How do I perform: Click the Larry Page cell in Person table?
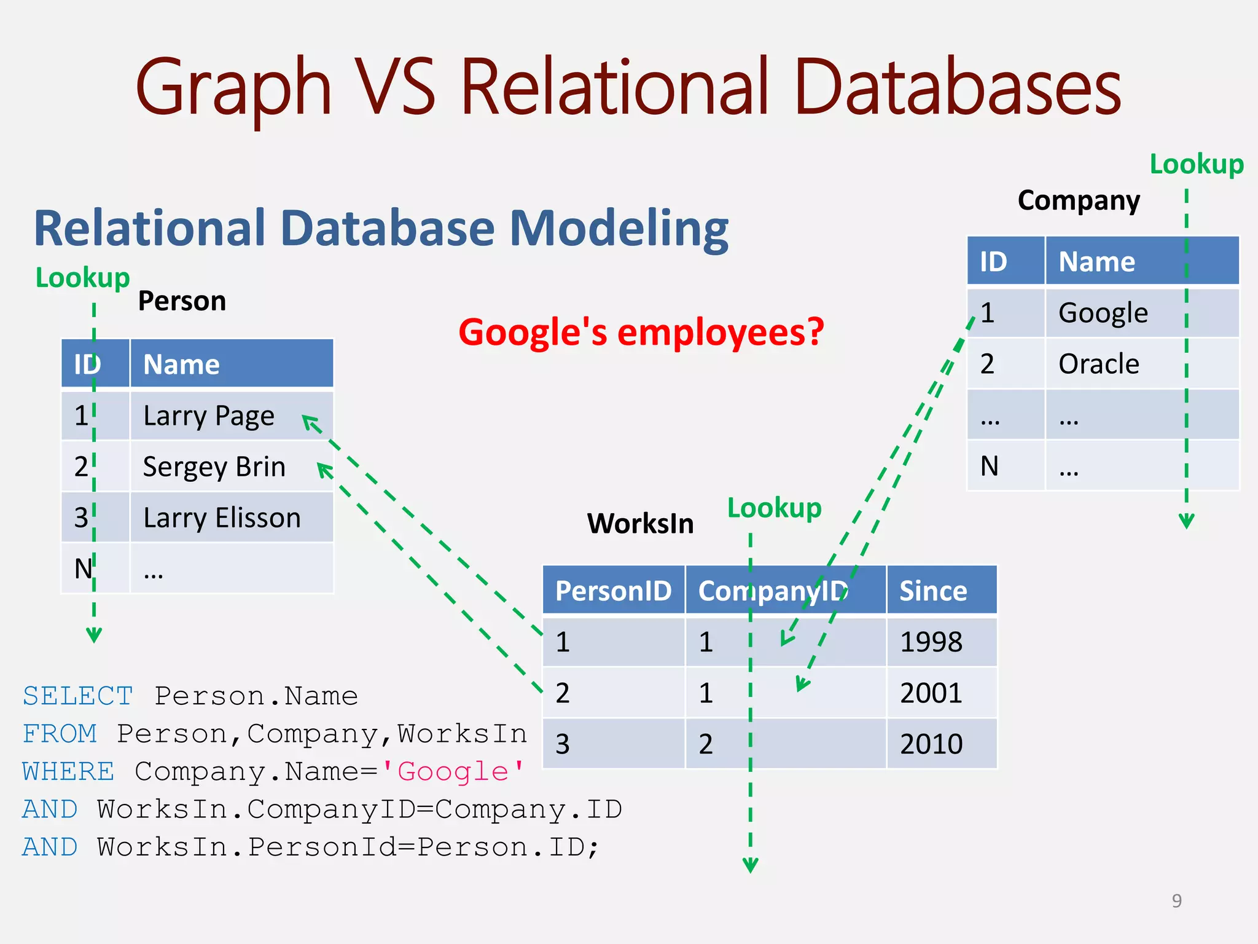(x=209, y=416)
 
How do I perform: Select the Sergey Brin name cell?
(x=214, y=467)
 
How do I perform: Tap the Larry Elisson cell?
(x=221, y=518)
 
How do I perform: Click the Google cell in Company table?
(x=1103, y=313)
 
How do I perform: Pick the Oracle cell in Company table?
(x=1099, y=364)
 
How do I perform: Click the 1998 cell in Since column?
(x=931, y=642)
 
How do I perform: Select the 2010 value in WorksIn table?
(x=931, y=744)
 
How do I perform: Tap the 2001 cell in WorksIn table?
(x=931, y=693)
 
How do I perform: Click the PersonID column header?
(x=613, y=591)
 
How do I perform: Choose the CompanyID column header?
(x=773, y=591)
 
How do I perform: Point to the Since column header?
(x=933, y=591)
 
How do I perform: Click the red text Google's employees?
(x=641, y=332)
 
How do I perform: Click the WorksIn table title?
(x=640, y=524)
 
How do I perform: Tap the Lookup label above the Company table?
(x=1196, y=165)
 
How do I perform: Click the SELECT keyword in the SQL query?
(x=78, y=696)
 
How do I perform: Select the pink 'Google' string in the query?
(x=453, y=771)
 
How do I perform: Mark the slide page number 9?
(x=1176, y=900)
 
